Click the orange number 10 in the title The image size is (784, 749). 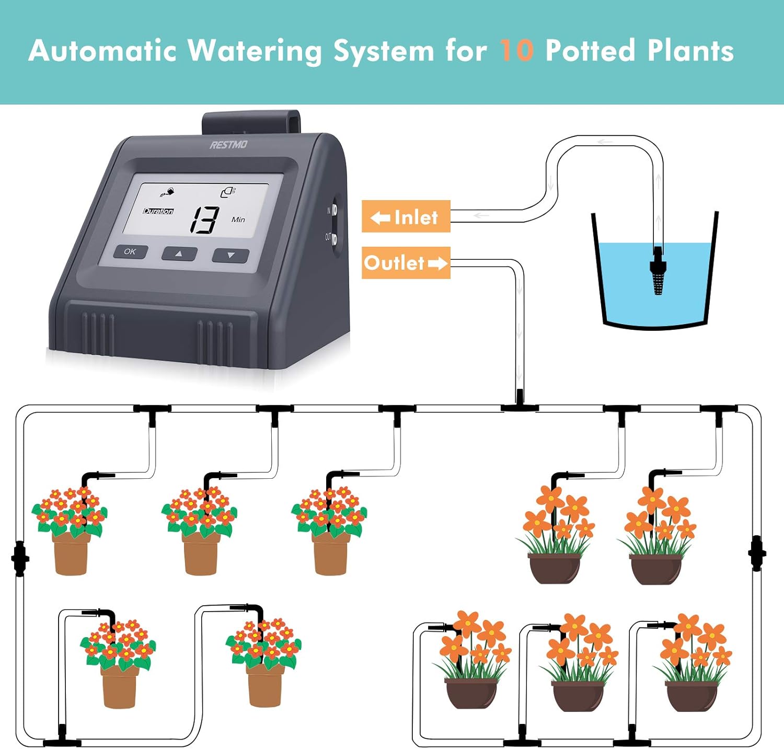tap(516, 51)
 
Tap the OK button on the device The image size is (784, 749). tap(130, 252)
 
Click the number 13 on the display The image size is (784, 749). tap(204, 219)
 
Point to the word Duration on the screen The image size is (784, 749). tap(158, 211)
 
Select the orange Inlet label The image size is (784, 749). tap(406, 216)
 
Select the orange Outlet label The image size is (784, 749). tap(406, 262)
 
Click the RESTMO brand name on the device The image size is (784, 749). tap(228, 145)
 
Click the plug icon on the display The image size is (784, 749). tap(227, 192)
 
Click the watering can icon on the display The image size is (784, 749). tap(168, 192)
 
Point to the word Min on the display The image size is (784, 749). tap(238, 220)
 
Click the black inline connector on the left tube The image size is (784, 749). tap(20, 559)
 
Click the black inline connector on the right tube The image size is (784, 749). tap(757, 553)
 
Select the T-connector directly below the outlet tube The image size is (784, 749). tap(520, 406)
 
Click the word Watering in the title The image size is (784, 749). tap(254, 51)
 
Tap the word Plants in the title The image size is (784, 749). tap(690, 51)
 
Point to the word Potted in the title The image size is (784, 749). tap(590, 51)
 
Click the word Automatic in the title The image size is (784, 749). tap(102, 51)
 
